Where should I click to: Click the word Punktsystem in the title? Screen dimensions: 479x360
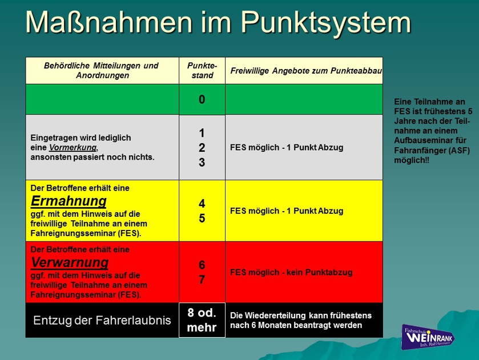point(326,23)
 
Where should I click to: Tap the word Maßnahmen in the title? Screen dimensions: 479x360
point(108,22)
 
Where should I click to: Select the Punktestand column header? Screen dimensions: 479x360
point(202,71)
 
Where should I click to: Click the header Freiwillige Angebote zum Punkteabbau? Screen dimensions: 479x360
point(306,71)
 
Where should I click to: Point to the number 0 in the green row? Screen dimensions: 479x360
point(202,99)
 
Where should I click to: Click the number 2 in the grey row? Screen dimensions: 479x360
point(202,148)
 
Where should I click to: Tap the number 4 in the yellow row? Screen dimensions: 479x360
point(202,204)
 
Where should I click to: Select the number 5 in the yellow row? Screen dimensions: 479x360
point(202,219)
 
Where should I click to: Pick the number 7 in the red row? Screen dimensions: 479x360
point(202,280)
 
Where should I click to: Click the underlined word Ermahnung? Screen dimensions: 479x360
point(69,201)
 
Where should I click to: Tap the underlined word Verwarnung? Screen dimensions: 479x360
point(70,262)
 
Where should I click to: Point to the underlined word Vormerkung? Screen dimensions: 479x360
point(73,148)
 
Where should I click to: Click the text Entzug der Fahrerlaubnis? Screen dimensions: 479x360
point(102,320)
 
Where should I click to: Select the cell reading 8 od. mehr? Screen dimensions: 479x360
point(202,320)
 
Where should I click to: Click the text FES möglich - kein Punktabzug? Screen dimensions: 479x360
point(291,272)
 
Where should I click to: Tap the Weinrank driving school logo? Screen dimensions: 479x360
point(428,337)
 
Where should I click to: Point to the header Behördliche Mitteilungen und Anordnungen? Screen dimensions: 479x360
point(102,71)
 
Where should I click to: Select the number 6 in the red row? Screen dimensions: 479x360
point(202,265)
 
